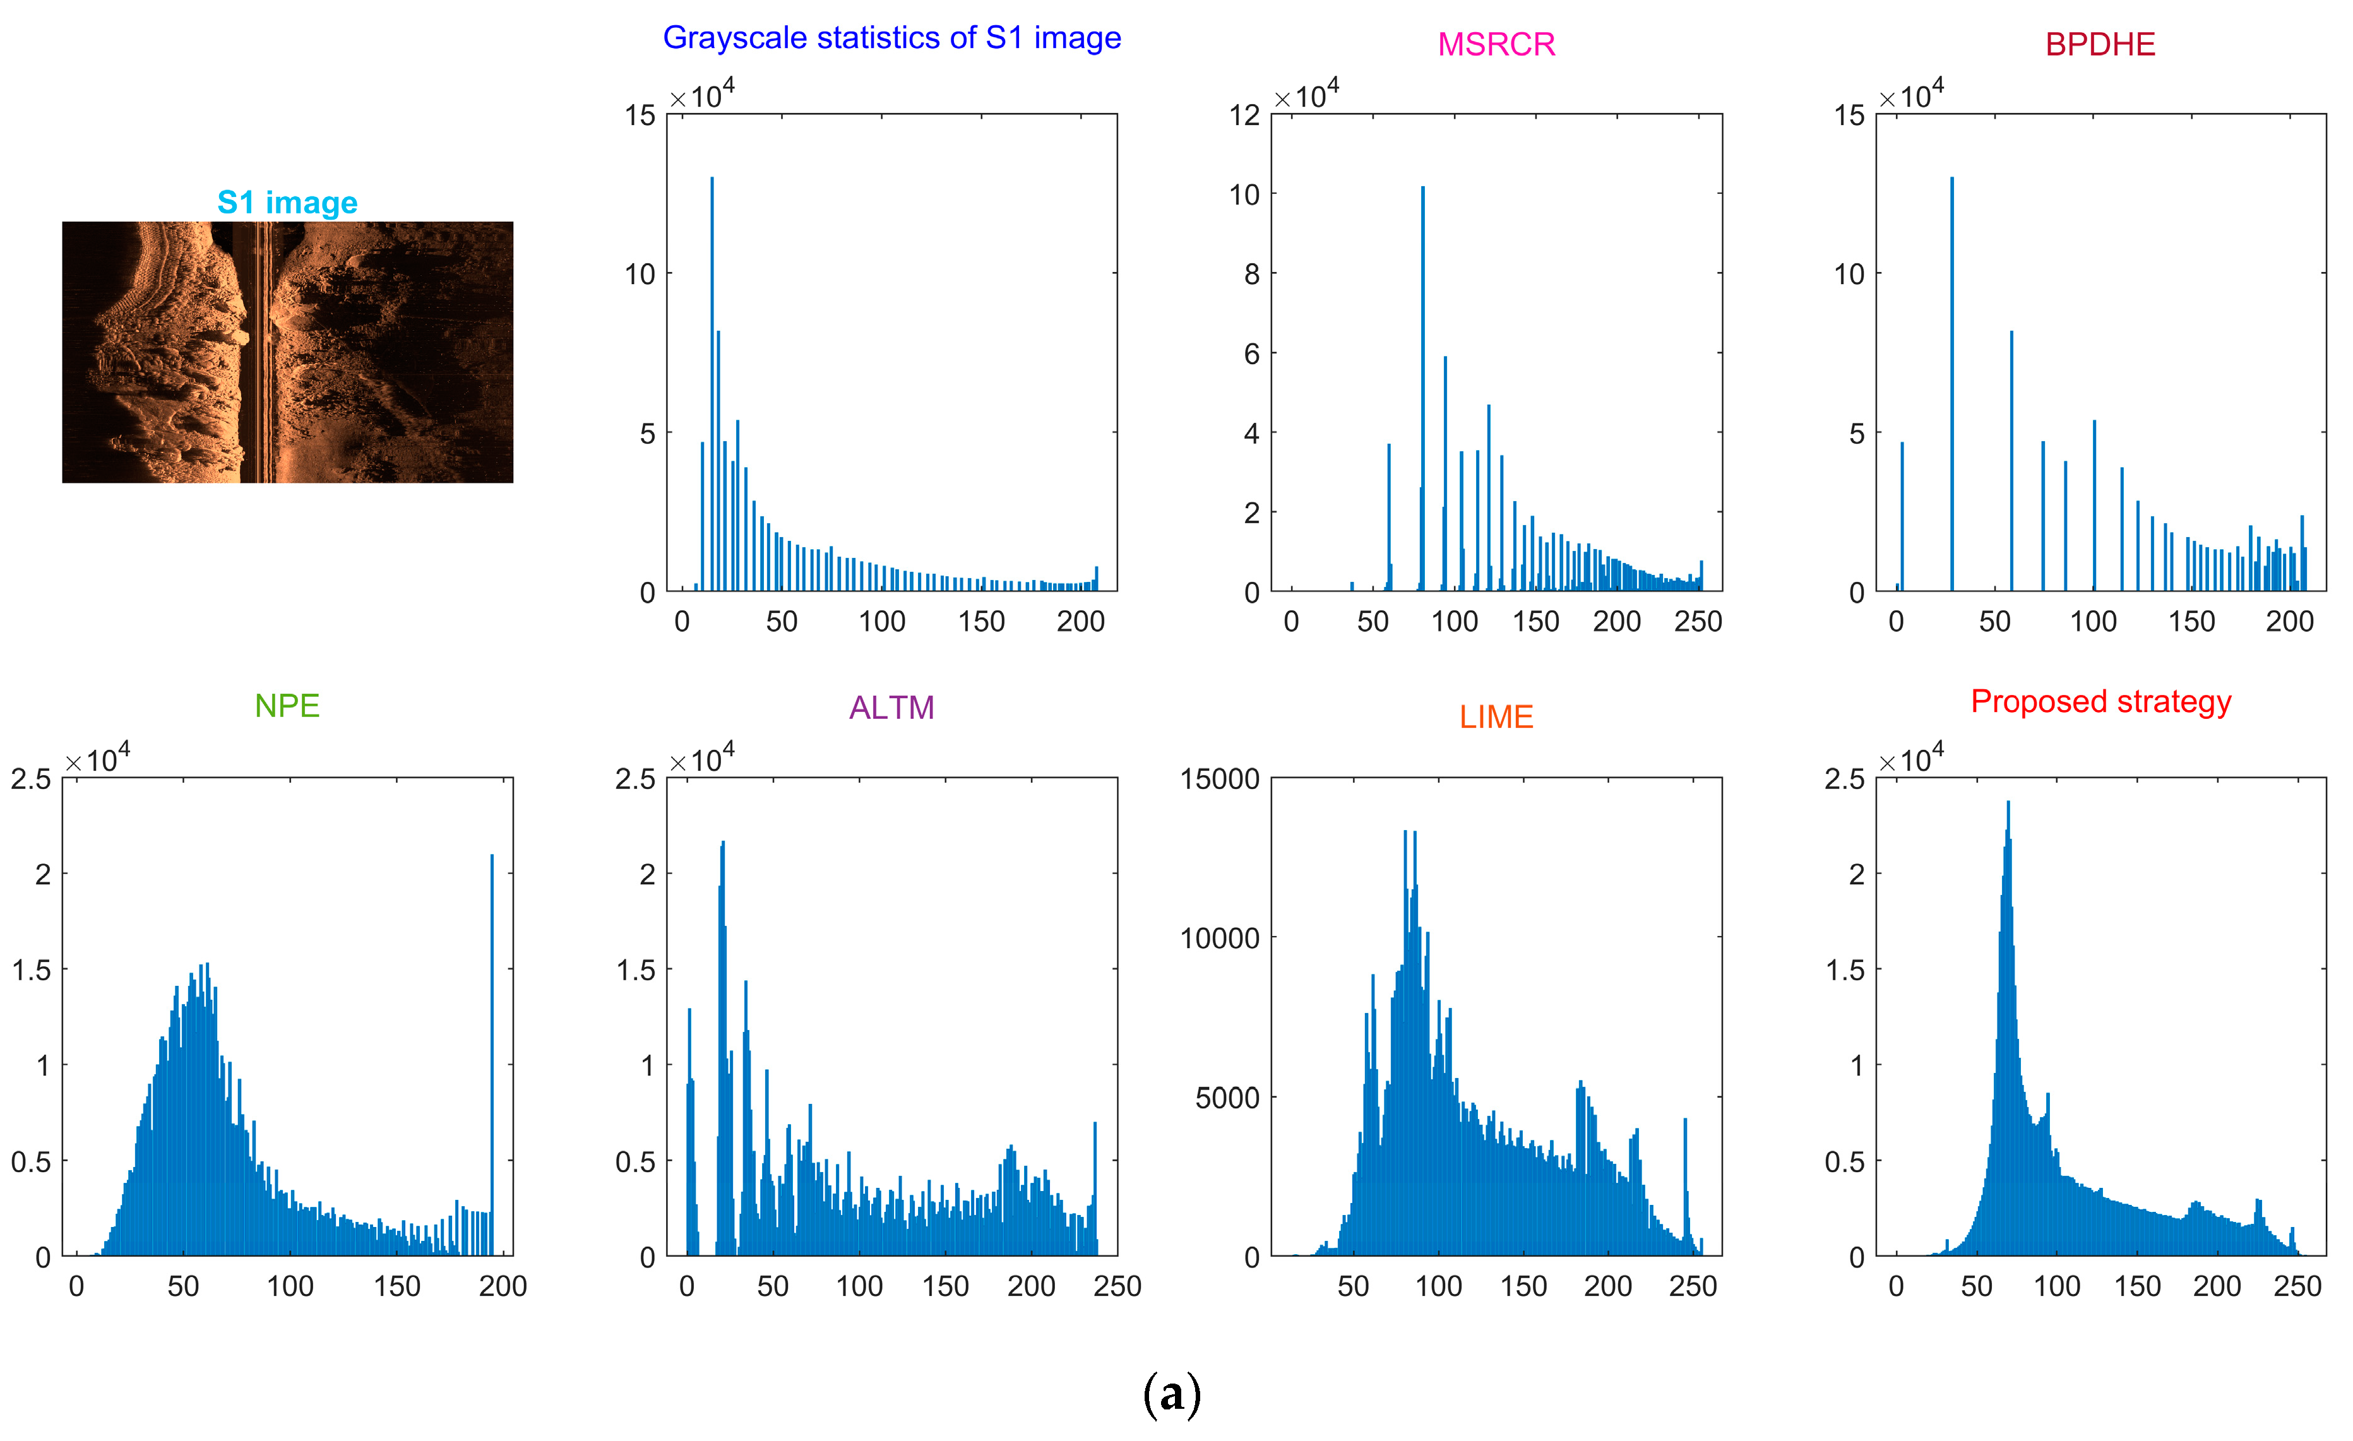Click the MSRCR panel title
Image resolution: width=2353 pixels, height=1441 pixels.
pyautogui.click(x=1496, y=44)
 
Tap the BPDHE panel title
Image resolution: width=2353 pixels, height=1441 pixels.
pyautogui.click(x=2099, y=44)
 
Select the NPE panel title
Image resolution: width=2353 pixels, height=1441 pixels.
pyautogui.click(x=287, y=706)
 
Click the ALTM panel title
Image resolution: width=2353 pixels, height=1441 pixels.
pyautogui.click(x=891, y=708)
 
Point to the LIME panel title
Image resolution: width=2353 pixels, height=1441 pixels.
pyautogui.click(x=1496, y=716)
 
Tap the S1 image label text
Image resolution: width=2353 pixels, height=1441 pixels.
pyautogui.click(x=287, y=203)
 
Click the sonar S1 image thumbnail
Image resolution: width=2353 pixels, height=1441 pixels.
pyautogui.click(x=287, y=352)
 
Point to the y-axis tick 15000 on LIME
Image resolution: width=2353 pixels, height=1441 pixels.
pyautogui.click(x=1220, y=780)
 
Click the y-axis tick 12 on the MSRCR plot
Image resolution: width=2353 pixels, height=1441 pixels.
pyautogui.click(x=1244, y=116)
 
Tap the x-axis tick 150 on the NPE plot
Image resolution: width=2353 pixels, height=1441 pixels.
pyautogui.click(x=396, y=1286)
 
